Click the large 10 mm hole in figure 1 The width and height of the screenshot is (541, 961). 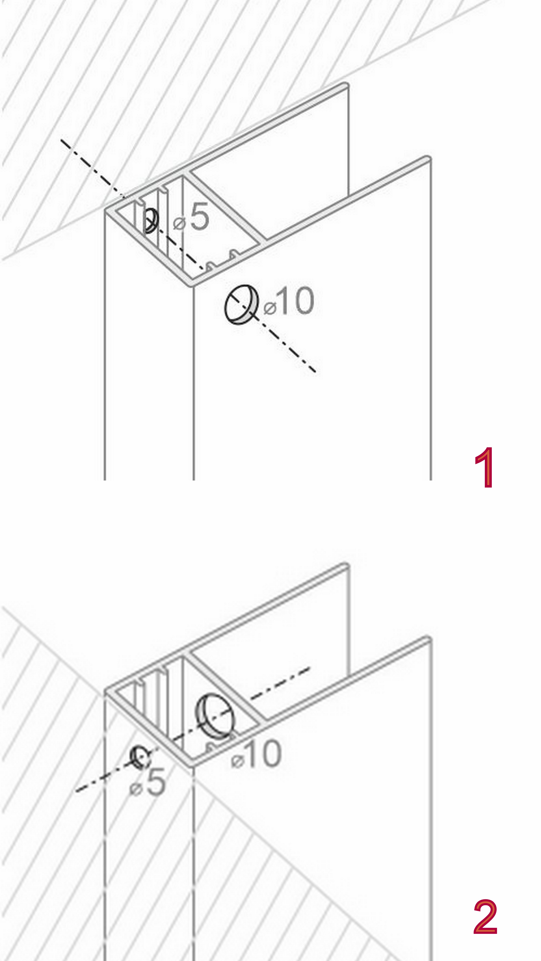242,304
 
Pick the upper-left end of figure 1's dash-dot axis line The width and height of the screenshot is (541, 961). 62,140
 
